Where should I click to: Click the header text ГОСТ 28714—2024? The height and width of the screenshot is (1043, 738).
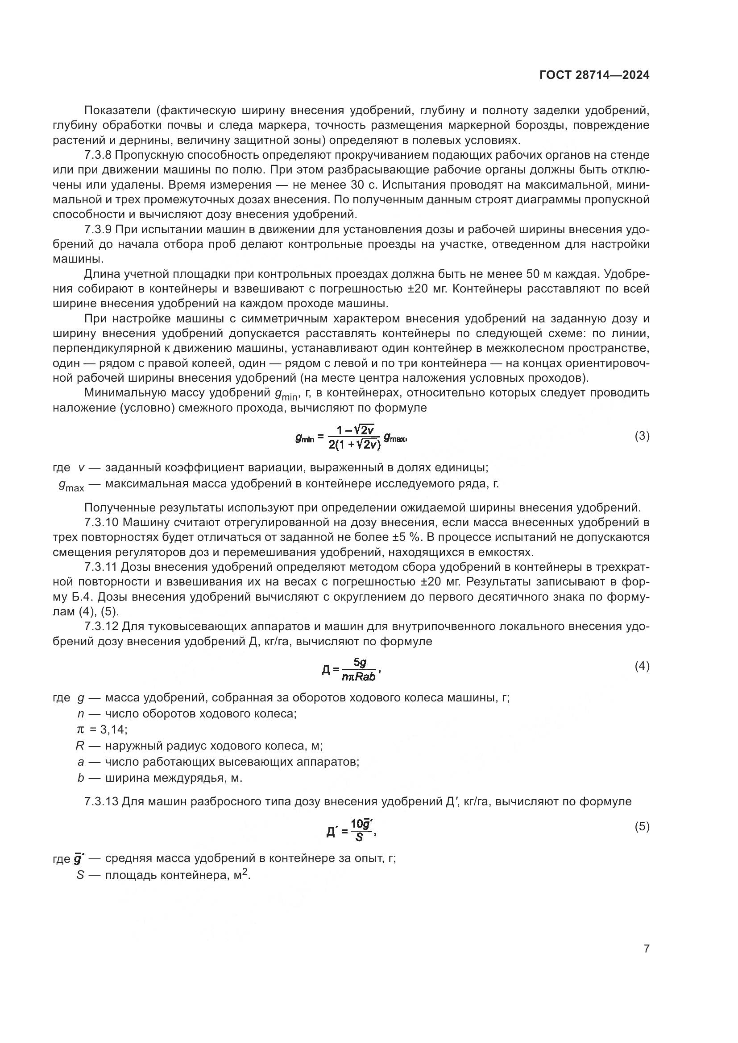[594, 75]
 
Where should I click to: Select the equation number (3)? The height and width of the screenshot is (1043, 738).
[642, 436]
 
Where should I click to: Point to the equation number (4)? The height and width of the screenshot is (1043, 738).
[642, 666]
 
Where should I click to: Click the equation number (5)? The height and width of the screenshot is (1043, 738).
[642, 826]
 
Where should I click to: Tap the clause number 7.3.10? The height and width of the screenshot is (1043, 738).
[101, 522]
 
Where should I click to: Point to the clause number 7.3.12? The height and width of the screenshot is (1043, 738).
[101, 626]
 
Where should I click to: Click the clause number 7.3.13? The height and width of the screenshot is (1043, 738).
[101, 801]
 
